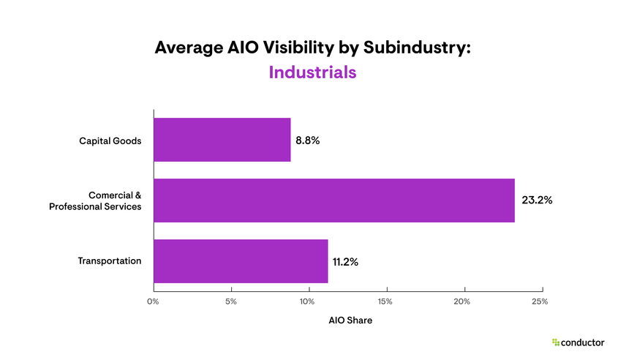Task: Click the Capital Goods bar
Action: click(222, 140)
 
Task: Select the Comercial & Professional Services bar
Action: click(333, 200)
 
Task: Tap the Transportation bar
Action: click(241, 261)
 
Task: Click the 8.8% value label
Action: click(308, 140)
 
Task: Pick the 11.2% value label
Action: click(345, 261)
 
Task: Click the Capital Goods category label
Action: click(110, 140)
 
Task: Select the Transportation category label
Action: click(110, 260)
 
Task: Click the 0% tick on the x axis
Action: click(153, 301)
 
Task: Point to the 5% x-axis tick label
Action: click(230, 301)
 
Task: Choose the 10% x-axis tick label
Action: click(308, 301)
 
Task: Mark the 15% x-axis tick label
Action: click(385, 301)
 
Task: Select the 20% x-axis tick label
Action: click(463, 301)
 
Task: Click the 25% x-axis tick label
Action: click(540, 301)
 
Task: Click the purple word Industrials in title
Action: click(312, 72)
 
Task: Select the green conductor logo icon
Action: click(556, 342)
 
